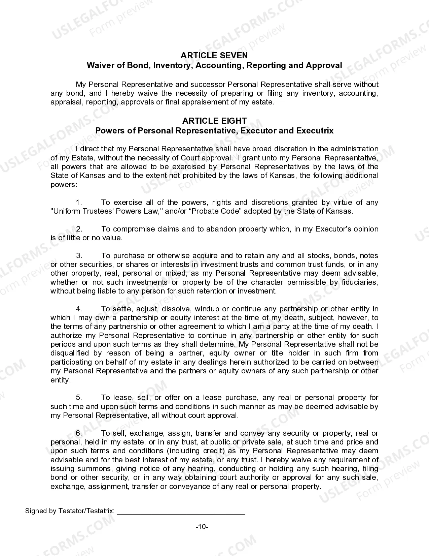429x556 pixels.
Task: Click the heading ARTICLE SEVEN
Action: pos(214,55)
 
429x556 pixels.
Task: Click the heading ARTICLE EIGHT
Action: pos(214,121)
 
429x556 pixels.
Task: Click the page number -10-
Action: pos(202,527)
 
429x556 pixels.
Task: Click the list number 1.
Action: pos(79,203)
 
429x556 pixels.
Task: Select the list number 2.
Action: pos(79,229)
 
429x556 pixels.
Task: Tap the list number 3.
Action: pos(79,256)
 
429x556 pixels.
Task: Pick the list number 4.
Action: pos(79,309)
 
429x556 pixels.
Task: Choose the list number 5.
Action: pos(79,398)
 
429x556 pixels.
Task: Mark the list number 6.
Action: pos(79,433)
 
